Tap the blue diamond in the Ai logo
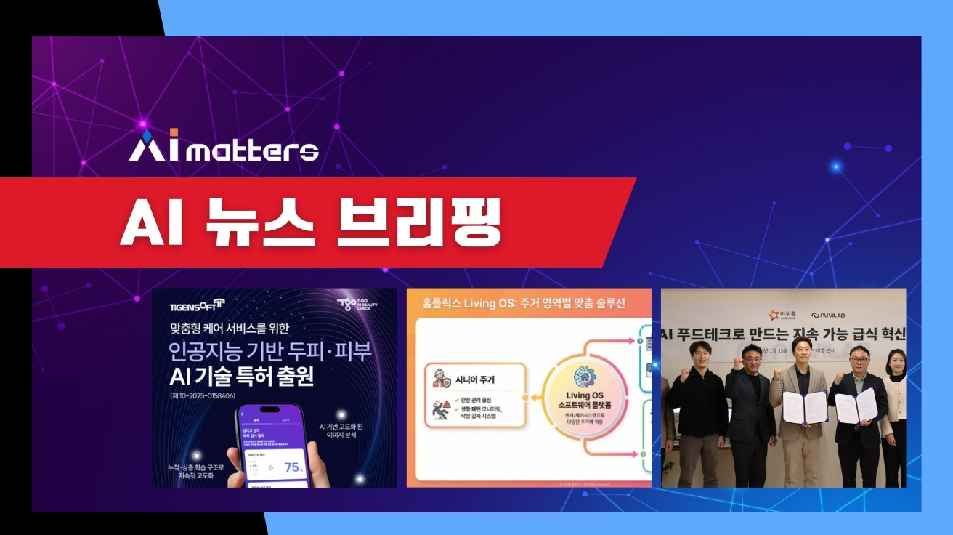(147, 136)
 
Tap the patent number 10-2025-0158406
(212, 395)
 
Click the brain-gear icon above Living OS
(585, 376)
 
